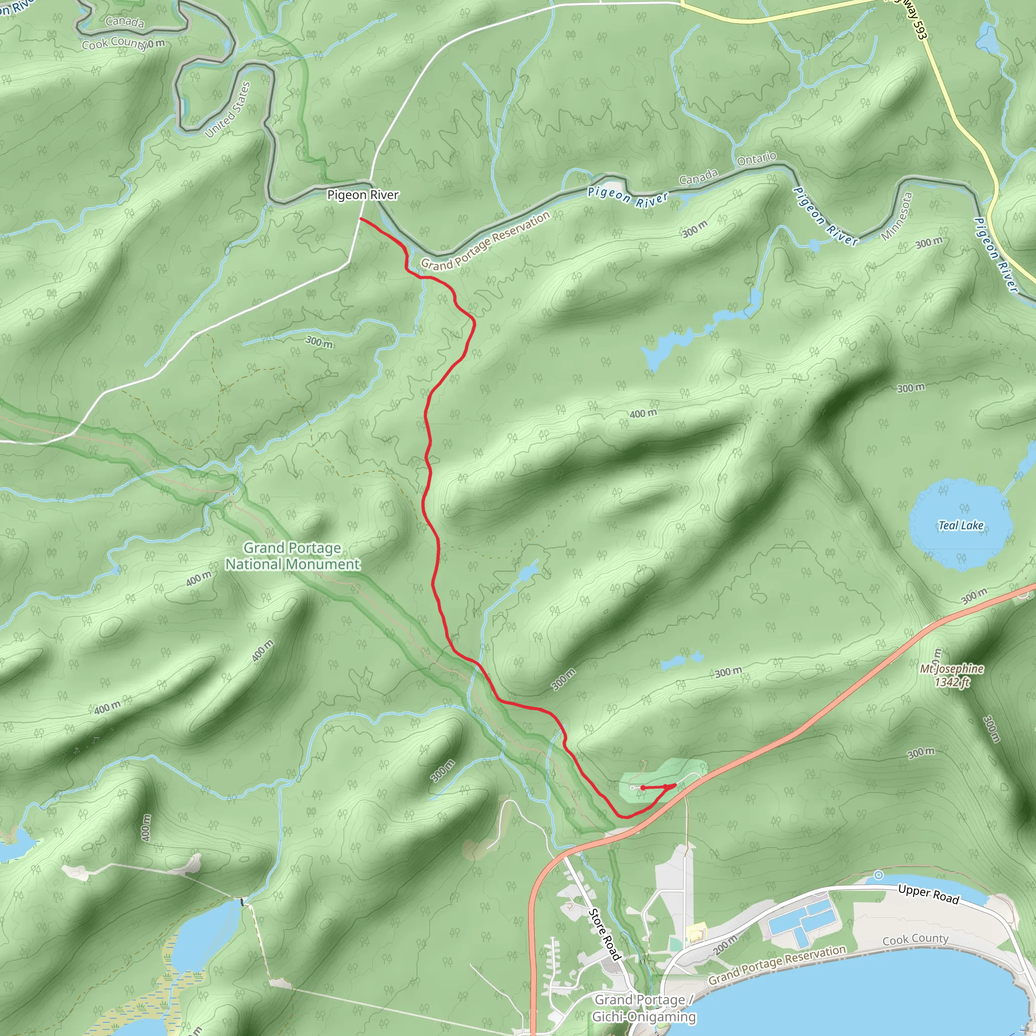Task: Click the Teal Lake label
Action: click(x=961, y=526)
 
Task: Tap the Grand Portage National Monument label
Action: click(x=292, y=556)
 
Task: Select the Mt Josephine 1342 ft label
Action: click(x=952, y=675)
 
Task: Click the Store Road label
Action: click(x=605, y=934)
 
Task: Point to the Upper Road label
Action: click(x=928, y=894)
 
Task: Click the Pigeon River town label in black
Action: click(x=363, y=195)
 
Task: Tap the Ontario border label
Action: click(x=756, y=159)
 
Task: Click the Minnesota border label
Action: click(x=896, y=216)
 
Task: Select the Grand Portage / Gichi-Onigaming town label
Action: click(x=643, y=1008)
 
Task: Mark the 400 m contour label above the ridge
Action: click(x=643, y=413)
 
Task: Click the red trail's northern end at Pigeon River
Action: click(x=360, y=219)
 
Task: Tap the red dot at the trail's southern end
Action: click(x=642, y=788)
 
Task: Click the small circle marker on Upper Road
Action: click(x=878, y=875)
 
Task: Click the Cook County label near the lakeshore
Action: click(x=915, y=939)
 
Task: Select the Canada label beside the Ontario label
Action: click(x=698, y=177)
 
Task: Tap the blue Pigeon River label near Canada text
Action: click(x=628, y=196)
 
